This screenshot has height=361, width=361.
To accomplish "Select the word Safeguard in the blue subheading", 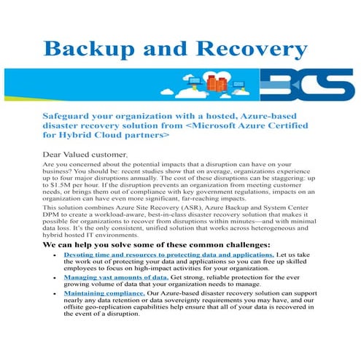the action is coord(71,116).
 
